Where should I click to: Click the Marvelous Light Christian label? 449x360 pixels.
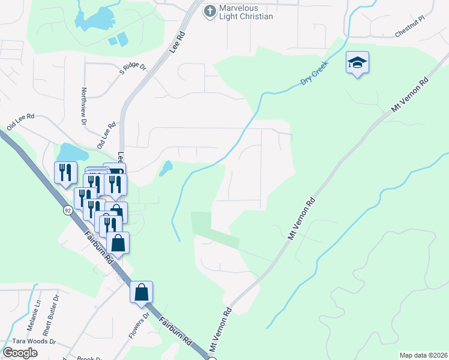click(x=246, y=12)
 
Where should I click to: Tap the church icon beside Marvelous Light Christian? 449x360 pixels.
click(x=209, y=11)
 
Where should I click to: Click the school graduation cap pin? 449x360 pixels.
click(x=357, y=63)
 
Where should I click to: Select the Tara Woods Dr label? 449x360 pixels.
click(x=28, y=341)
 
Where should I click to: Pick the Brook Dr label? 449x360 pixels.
click(x=88, y=358)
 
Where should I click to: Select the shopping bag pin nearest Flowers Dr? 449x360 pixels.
click(x=142, y=292)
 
